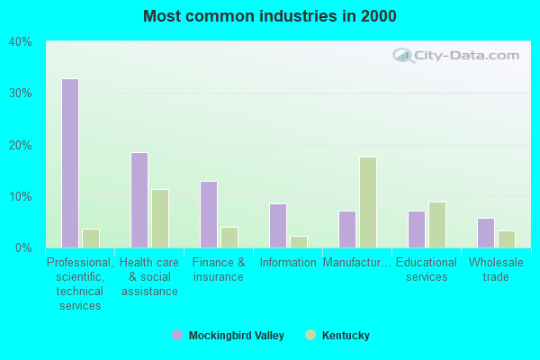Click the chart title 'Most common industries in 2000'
tap(269, 16)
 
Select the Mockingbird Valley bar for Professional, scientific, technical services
tap(70, 163)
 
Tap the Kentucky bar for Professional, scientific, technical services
tap(91, 238)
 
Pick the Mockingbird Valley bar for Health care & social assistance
tap(139, 200)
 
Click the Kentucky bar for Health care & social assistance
tap(160, 219)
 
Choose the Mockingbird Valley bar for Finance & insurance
tap(209, 214)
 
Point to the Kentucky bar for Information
tap(299, 242)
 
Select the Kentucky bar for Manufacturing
tap(368, 202)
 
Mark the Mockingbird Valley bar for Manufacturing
tap(347, 229)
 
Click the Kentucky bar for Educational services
tap(437, 225)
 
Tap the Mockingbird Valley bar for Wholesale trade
tap(486, 233)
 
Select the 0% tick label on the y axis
tap(23, 247)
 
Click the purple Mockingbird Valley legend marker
tap(177, 336)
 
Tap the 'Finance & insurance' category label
tap(219, 270)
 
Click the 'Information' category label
tap(288, 263)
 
